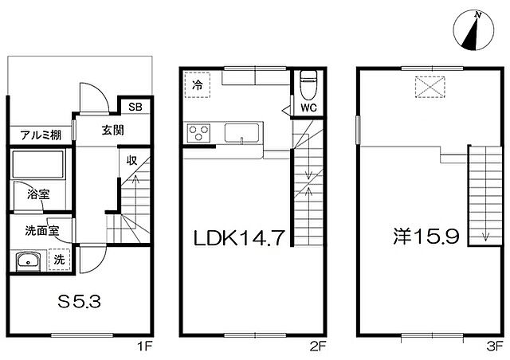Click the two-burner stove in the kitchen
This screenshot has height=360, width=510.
click(197, 133)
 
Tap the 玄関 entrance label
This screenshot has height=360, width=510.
click(112, 131)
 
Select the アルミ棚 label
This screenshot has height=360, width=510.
click(37, 134)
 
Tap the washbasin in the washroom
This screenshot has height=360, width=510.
click(29, 260)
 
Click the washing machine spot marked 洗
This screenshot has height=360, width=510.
click(60, 259)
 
